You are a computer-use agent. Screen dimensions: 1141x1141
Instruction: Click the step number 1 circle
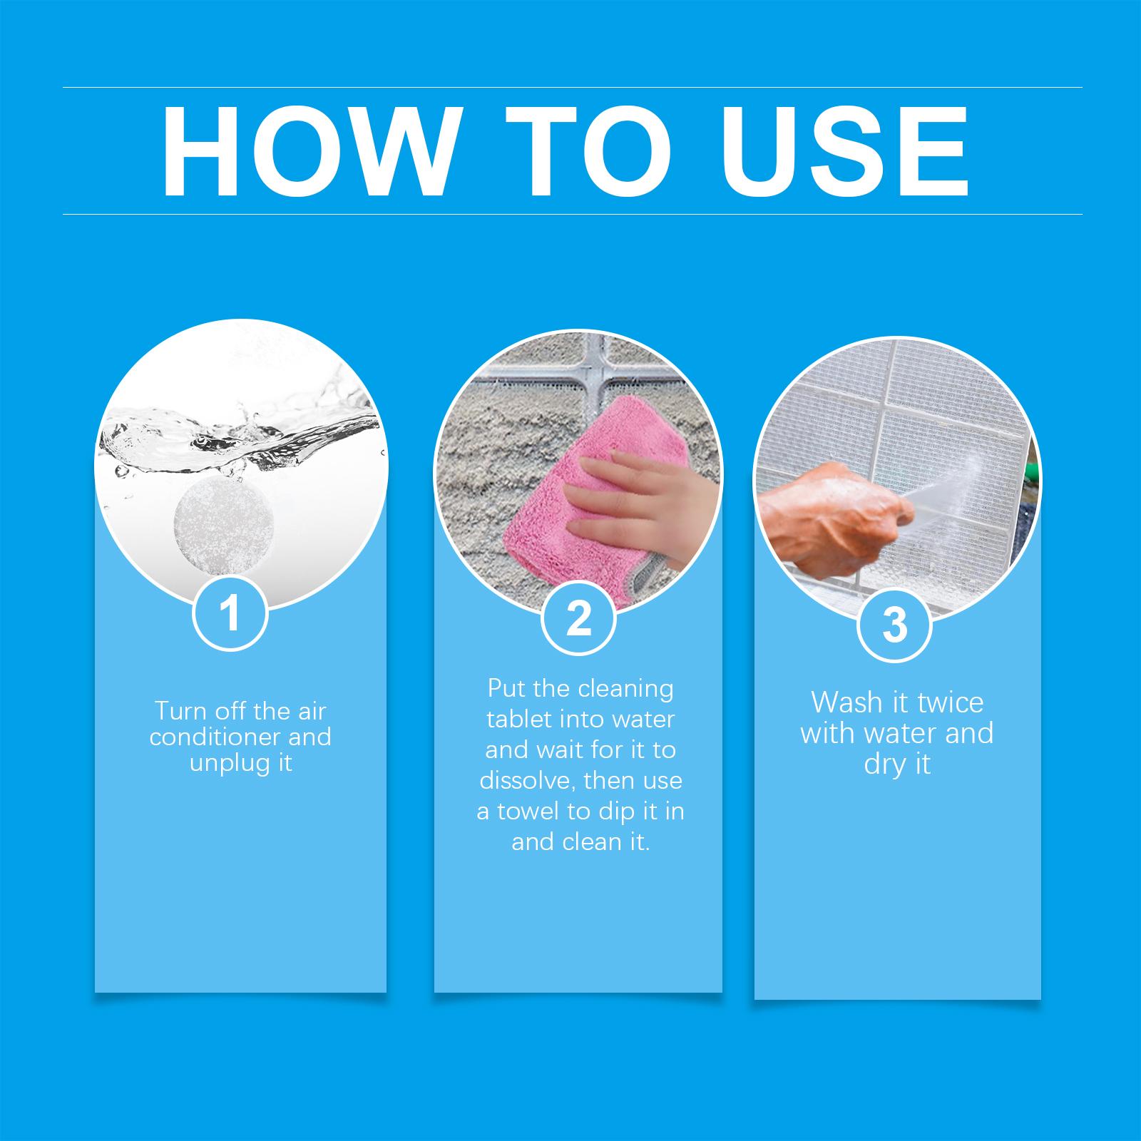click(x=230, y=613)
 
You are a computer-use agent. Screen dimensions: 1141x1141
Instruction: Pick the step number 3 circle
click(x=894, y=624)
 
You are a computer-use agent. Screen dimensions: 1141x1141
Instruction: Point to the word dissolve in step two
click(x=527, y=780)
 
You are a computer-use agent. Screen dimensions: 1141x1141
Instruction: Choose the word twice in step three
click(x=950, y=702)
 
